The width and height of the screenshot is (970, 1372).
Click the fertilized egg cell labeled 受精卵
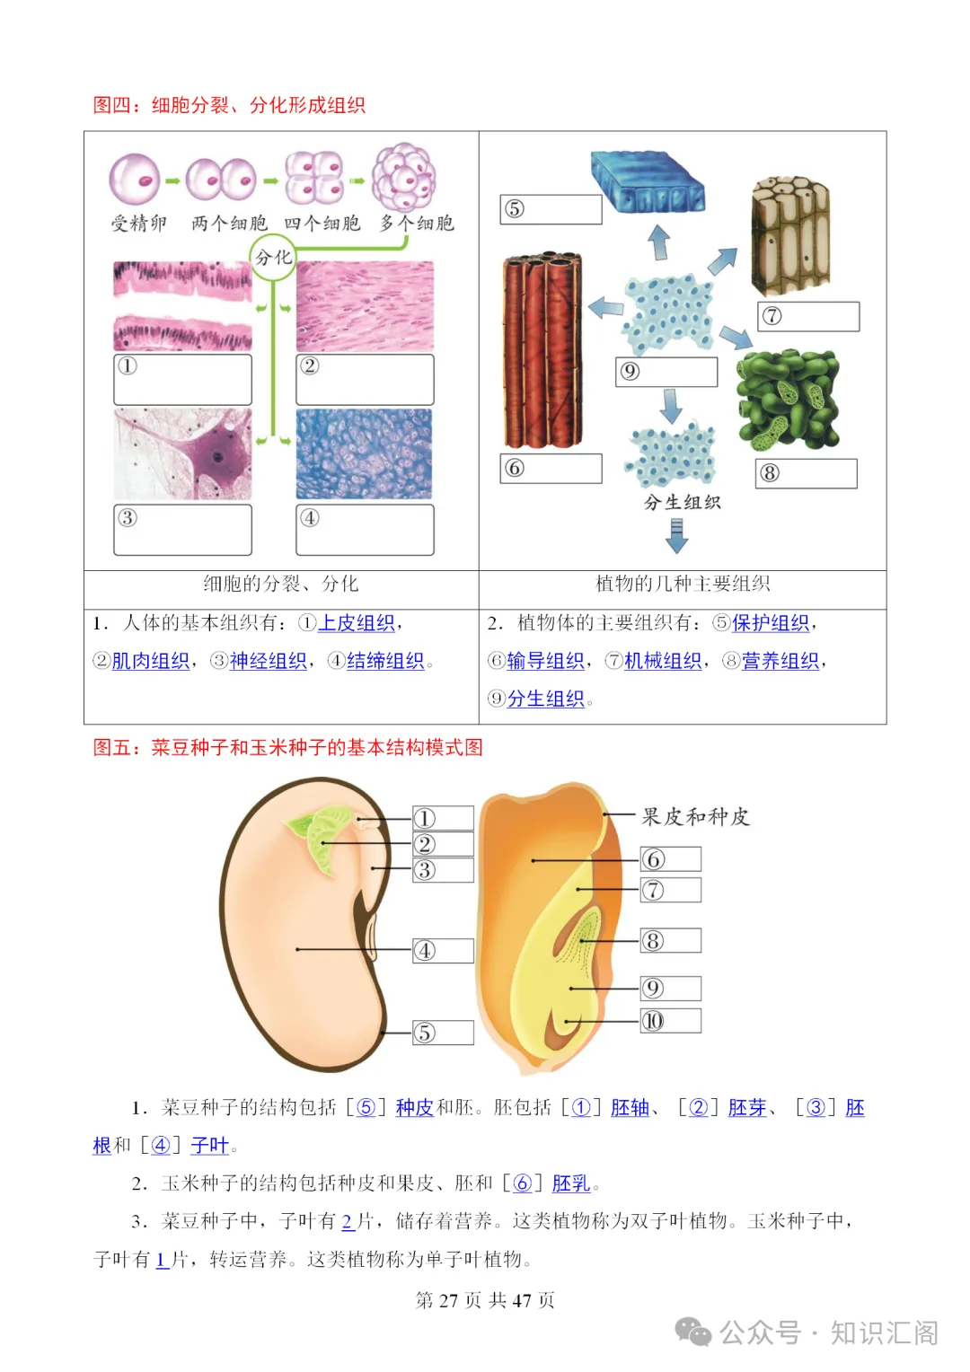[x=135, y=179]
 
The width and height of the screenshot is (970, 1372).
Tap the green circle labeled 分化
[x=272, y=258]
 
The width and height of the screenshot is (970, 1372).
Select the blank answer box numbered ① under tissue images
[x=182, y=379]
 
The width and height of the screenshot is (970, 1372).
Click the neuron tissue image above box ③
[x=182, y=454]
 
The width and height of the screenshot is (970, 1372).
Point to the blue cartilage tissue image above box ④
[x=364, y=454]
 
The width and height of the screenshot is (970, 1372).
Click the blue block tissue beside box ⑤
[x=647, y=181]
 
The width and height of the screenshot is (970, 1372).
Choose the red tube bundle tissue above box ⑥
[x=542, y=350]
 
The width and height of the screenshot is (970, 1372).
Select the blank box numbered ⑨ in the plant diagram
[x=666, y=372]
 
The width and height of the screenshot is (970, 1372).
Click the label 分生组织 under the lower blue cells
[x=682, y=503]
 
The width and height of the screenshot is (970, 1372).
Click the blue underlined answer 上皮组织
[x=357, y=623]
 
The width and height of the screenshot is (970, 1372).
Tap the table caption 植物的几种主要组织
[x=683, y=585]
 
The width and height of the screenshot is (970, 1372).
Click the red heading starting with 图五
[x=287, y=747]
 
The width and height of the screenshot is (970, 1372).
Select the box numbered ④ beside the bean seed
[x=443, y=951]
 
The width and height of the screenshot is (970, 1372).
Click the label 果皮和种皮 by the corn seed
[x=695, y=817]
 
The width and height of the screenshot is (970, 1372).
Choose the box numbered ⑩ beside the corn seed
[x=670, y=1021]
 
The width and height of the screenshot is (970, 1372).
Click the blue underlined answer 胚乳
[x=571, y=1183]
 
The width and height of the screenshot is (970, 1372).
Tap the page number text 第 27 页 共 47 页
[x=485, y=1300]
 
